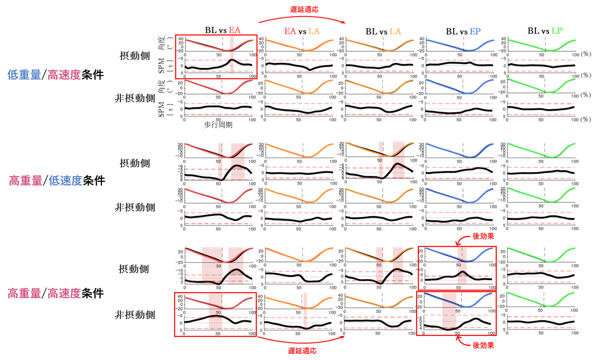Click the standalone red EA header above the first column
click(x=235, y=30)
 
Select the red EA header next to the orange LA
click(x=290, y=31)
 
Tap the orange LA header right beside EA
click(x=314, y=31)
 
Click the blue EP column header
click(x=475, y=31)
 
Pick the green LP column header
click(x=556, y=31)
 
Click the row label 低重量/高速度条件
click(x=56, y=75)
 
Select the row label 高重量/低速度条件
click(x=57, y=180)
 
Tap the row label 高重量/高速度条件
click(x=56, y=294)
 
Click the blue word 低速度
click(x=65, y=180)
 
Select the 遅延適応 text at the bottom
click(x=302, y=350)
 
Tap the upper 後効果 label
click(x=483, y=237)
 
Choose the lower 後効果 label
click(x=483, y=345)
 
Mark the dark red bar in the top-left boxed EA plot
click(x=232, y=54)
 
